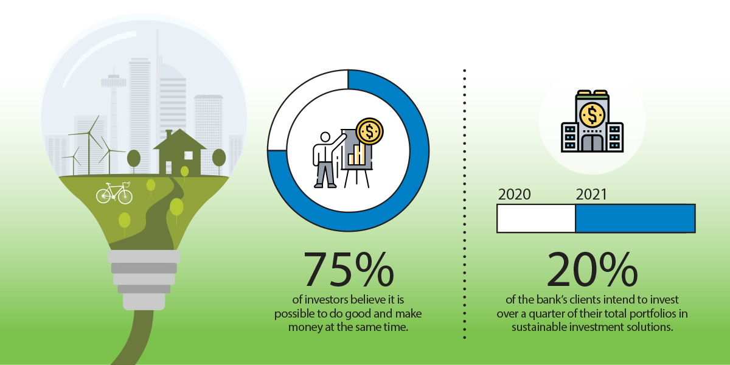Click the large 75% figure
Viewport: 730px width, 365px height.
pos(349,269)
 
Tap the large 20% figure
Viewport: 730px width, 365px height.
pos(592,269)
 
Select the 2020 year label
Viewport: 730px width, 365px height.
pos(514,195)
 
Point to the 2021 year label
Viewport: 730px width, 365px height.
pos(591,195)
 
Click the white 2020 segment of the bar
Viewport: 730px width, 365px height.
pos(536,218)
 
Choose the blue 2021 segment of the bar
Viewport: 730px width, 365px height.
pos(636,218)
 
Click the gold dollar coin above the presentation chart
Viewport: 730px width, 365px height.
pos(369,131)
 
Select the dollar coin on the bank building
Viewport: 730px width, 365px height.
pos(592,115)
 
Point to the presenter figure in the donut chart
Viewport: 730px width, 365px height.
pos(327,159)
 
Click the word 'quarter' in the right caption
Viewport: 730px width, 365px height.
pos(549,314)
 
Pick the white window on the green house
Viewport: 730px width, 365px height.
pos(189,156)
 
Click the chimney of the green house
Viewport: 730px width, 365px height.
pos(169,134)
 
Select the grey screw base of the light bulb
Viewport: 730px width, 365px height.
pos(144,280)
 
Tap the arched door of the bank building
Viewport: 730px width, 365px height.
pos(592,143)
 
